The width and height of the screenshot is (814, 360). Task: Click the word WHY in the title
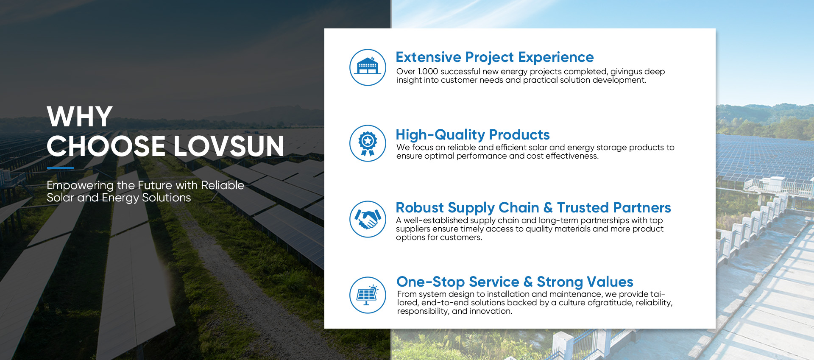tap(80, 117)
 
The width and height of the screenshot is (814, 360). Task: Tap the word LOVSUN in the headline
tap(229, 146)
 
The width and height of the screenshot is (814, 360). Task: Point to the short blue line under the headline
tap(60, 168)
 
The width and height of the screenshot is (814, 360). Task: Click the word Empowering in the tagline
tap(80, 186)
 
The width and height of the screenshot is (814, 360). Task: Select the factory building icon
tap(368, 67)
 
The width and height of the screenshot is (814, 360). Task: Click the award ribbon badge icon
tap(368, 143)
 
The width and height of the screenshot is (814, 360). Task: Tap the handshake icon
tap(368, 219)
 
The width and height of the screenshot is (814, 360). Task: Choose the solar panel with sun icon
tap(368, 295)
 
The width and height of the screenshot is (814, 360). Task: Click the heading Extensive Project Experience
tap(495, 57)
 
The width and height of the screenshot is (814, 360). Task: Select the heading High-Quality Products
tap(473, 135)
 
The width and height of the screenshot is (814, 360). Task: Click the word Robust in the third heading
tap(420, 208)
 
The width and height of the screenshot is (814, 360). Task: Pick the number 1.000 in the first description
tap(427, 72)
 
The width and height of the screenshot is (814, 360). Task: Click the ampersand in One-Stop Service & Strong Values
tap(528, 282)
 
